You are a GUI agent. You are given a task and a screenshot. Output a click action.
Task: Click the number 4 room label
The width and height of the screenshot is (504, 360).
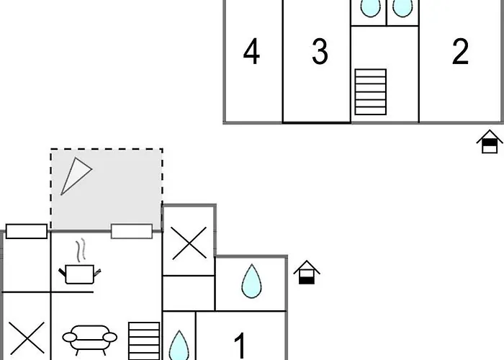point(251,52)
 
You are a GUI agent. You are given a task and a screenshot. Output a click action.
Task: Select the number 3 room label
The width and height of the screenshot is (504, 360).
point(320,52)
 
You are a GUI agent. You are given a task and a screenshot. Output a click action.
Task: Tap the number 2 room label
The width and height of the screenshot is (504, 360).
point(460,52)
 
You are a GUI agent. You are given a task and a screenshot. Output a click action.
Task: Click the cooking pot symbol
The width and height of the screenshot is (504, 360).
point(78,274)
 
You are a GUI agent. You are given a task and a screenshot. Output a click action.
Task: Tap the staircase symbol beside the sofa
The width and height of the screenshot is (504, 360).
point(144,341)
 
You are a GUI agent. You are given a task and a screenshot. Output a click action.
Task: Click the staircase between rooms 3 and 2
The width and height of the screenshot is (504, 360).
point(370,91)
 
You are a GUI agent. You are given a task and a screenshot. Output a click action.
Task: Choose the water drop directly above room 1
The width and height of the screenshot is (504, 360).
point(251,281)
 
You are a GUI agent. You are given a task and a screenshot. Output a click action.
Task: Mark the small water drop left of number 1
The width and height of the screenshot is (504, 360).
point(179,343)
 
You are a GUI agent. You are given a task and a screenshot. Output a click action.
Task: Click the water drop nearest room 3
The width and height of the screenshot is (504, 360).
point(369,7)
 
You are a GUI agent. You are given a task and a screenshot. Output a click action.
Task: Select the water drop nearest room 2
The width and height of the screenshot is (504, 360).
point(402,7)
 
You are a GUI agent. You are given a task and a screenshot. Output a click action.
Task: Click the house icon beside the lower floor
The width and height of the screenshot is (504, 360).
point(307,271)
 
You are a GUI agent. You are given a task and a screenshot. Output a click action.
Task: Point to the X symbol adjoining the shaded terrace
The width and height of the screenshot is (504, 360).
point(189,242)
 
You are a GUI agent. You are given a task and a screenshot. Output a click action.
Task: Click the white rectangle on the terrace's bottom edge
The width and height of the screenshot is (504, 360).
point(132,231)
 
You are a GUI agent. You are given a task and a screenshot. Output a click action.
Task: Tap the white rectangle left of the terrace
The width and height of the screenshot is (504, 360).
point(27,231)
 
